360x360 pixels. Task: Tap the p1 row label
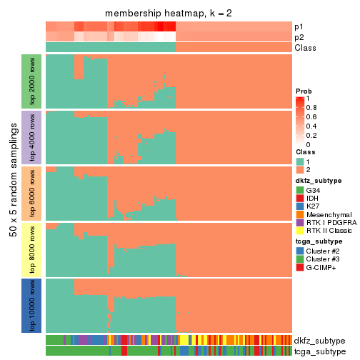click(x=299, y=26)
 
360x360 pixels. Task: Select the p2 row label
click(x=299, y=37)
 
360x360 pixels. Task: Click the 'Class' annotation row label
click(x=305, y=48)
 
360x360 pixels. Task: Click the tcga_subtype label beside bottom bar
click(x=319, y=351)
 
